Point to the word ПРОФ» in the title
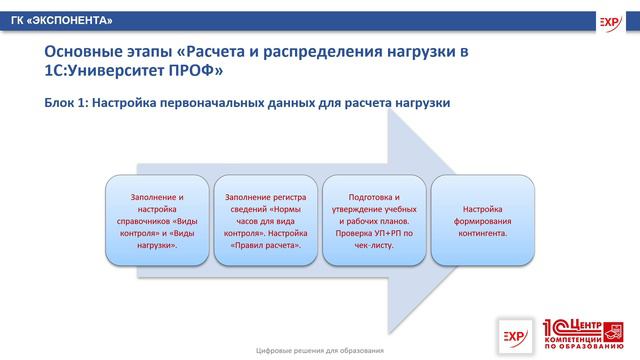pyautogui.click(x=198, y=72)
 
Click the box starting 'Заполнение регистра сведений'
pyautogui.click(x=265, y=221)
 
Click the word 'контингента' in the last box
pyautogui.click(x=483, y=233)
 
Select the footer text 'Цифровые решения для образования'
pyautogui.click(x=320, y=350)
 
